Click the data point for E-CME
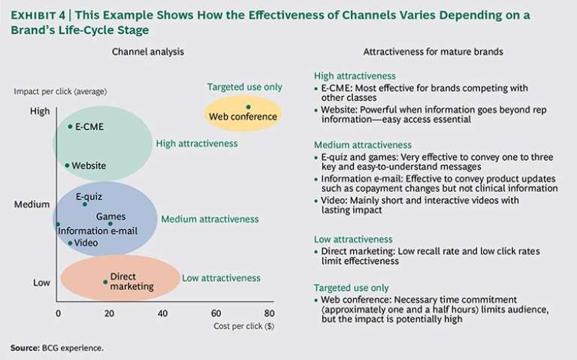(70, 126)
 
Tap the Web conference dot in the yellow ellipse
(248, 107)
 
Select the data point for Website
(67, 165)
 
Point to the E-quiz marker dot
(85, 204)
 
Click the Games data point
(110, 223)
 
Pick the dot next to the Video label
(70, 243)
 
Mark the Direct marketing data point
(105, 282)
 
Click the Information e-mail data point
(58, 224)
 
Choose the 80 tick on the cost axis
(268, 313)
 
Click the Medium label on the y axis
(32, 204)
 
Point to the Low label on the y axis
(41, 283)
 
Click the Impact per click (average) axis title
(60, 92)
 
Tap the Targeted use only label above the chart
(245, 87)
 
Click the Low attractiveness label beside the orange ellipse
(221, 278)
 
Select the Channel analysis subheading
(147, 52)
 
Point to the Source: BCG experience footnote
(56, 348)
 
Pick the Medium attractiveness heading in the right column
(363, 144)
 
